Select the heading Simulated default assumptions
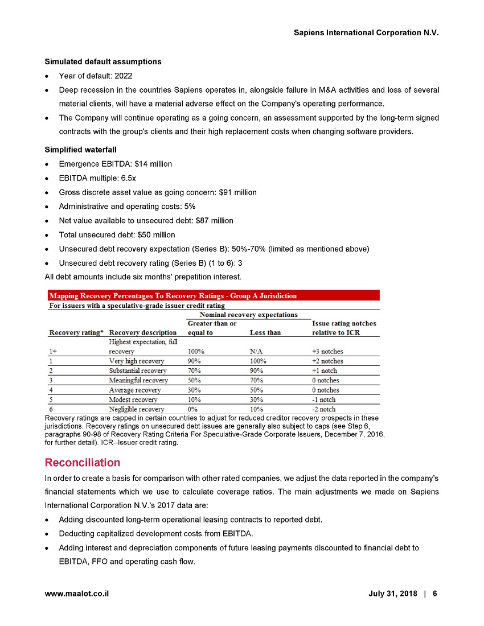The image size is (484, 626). (103, 61)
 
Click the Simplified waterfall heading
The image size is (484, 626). (80, 149)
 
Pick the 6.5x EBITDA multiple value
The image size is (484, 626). (126, 178)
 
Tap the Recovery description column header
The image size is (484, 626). (143, 333)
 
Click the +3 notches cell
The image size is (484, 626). (328, 351)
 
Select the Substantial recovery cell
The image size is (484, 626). (138, 370)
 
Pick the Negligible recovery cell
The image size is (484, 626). (137, 409)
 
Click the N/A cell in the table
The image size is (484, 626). (257, 351)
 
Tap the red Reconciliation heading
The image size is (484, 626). (82, 462)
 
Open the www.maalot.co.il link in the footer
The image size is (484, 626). (77, 593)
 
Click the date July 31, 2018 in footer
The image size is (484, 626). (392, 593)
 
